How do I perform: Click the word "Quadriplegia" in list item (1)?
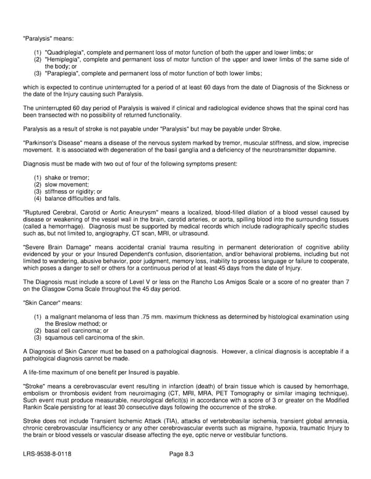pos(67,52)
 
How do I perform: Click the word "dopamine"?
pos(320,149)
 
